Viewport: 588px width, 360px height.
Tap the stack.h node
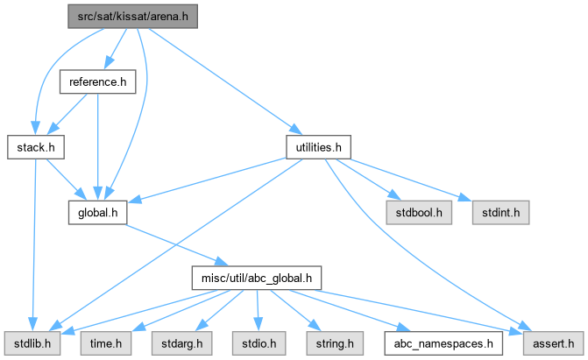coord(36,147)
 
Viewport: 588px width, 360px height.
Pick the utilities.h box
coord(319,147)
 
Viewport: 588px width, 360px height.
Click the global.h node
coord(98,212)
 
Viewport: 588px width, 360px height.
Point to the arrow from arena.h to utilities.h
coord(228,83)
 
